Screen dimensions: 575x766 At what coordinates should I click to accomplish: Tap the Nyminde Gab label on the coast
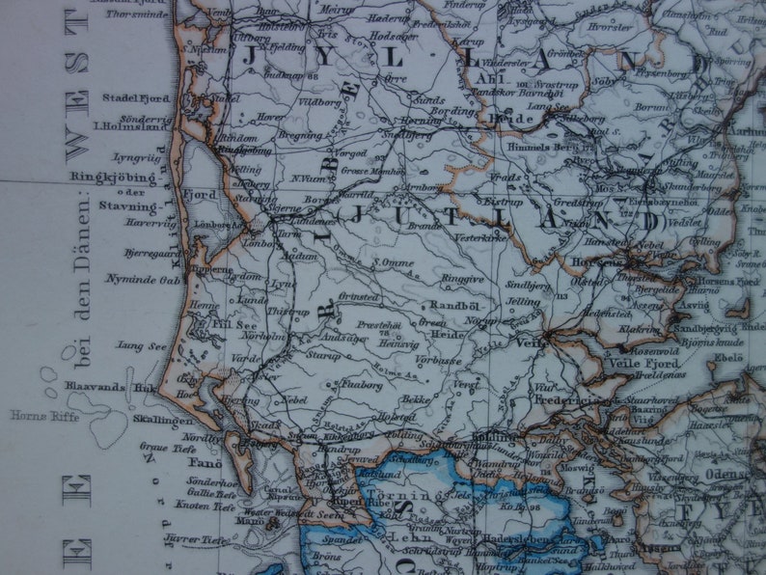(141, 278)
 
